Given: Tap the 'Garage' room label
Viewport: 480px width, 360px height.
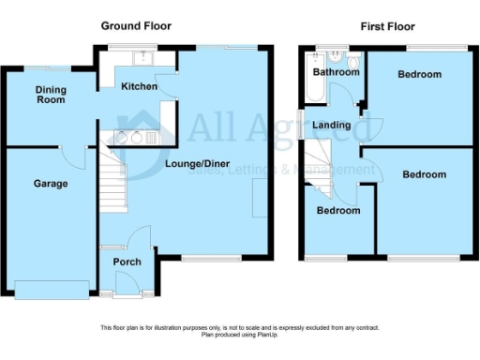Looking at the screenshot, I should [x=51, y=184].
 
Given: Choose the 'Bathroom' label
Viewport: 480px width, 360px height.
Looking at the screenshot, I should [x=336, y=72].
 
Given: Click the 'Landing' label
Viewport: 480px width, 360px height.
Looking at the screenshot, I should [x=332, y=125].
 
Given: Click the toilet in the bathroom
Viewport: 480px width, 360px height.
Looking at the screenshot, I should [x=351, y=104].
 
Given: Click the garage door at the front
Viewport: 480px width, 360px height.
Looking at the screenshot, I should [x=52, y=289].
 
